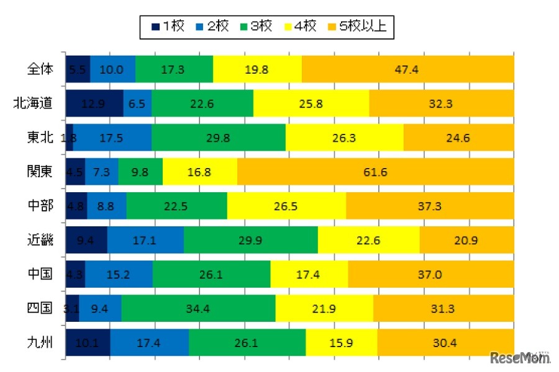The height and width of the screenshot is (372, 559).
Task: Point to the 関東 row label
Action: pos(41,172)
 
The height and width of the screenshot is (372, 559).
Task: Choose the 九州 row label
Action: pos(41,342)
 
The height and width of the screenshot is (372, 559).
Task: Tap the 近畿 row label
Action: pos(41,240)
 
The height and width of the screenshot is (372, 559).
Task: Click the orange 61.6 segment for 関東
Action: pos(375,172)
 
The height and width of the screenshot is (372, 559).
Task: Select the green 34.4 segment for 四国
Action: pos(198,308)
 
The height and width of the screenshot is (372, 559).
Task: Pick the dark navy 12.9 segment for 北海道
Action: pos(94,104)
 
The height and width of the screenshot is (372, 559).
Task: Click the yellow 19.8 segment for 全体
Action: pos(257,69)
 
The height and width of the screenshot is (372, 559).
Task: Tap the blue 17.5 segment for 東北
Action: pos(112,138)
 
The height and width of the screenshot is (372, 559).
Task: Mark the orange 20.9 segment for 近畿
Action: pos(466,240)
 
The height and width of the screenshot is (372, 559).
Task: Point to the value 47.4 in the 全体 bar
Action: pos(407,69)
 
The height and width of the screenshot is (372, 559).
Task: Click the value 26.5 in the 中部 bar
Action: pos(286,206)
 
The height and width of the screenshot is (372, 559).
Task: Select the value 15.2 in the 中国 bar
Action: pos(118,274)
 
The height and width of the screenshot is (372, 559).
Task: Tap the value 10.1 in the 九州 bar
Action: pos(87,342)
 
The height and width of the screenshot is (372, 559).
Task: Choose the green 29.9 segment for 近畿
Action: pos(250,240)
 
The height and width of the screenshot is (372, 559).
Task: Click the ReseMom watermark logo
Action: pos(520,358)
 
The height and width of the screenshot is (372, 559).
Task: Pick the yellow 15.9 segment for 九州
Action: pos(342,342)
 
